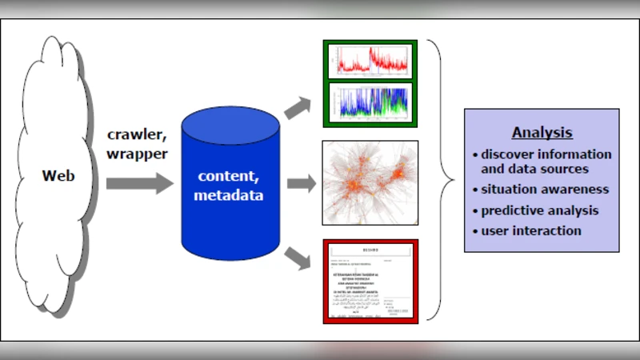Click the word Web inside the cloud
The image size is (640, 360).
pyautogui.click(x=59, y=174)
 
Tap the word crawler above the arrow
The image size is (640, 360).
pyautogui.click(x=138, y=134)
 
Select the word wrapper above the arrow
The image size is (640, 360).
pyautogui.click(x=138, y=153)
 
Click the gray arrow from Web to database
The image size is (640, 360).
pyautogui.click(x=138, y=183)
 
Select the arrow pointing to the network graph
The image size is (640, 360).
pyautogui.click(x=301, y=183)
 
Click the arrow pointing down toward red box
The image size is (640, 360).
pyautogui.click(x=299, y=258)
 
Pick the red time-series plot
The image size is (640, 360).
pyautogui.click(x=370, y=61)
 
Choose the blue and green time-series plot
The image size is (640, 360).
pyautogui.click(x=370, y=103)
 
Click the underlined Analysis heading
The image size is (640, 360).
pyautogui.click(x=542, y=133)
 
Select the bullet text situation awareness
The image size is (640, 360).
pyautogui.click(x=545, y=190)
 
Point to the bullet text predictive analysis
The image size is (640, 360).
pyautogui.click(x=540, y=210)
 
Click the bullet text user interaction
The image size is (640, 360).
pyautogui.click(x=531, y=231)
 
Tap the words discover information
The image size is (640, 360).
pyautogui.click(x=546, y=154)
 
